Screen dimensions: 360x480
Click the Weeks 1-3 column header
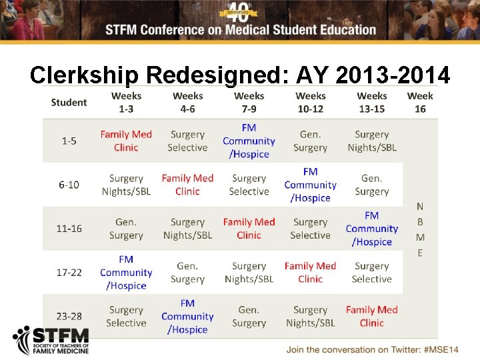(126, 102)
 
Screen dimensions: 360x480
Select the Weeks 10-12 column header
(310, 102)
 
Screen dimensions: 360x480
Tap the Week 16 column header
(420, 102)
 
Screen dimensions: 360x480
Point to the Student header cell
(69, 102)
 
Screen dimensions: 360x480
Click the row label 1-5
(69, 141)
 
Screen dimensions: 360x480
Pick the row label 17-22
(69, 272)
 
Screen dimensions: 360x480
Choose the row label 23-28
(69, 316)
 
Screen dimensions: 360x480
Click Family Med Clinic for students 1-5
(126, 141)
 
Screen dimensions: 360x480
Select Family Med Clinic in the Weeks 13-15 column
(371, 316)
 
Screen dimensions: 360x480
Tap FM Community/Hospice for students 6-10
(310, 185)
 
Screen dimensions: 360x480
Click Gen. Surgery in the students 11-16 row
(126, 229)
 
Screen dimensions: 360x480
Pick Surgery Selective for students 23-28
(126, 316)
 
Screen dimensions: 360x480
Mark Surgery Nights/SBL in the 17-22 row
(249, 272)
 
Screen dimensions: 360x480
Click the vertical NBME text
(420, 229)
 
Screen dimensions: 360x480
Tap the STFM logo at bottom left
(51, 341)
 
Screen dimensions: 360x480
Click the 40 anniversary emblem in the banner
(241, 11)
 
